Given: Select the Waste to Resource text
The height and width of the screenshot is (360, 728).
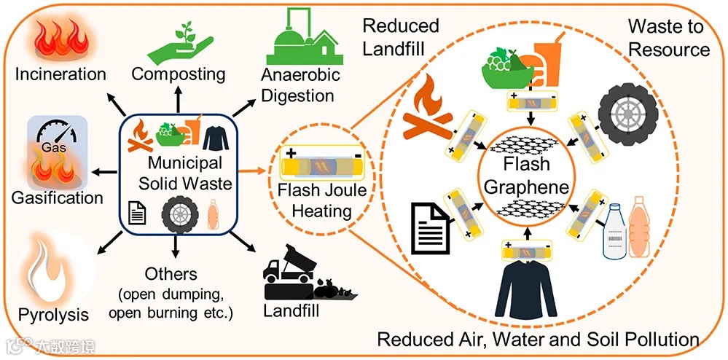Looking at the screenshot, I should click(x=668, y=39).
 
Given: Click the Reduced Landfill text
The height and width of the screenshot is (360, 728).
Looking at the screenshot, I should click(x=400, y=38).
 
